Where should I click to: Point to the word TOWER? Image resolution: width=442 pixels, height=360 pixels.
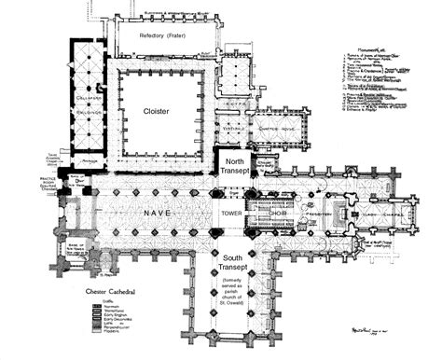pyautogui.click(x=229, y=214)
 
